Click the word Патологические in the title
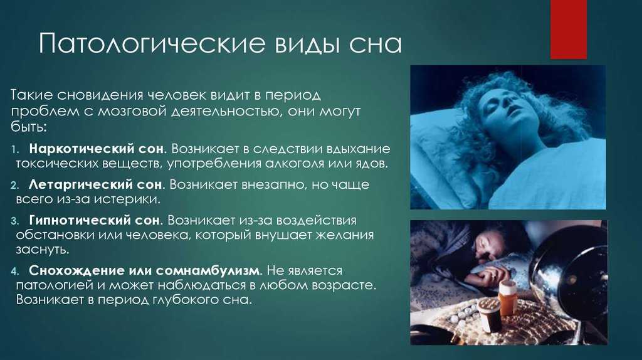[x=152, y=43]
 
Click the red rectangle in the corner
[x=568, y=29]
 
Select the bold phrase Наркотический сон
[x=96, y=149]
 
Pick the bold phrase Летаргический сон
[x=95, y=185]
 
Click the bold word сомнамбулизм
[x=207, y=271]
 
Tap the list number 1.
[x=15, y=149]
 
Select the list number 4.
[x=15, y=271]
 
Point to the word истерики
[x=127, y=199]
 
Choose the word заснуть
[x=43, y=250]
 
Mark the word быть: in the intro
[x=29, y=127]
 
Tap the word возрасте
[x=344, y=285]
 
